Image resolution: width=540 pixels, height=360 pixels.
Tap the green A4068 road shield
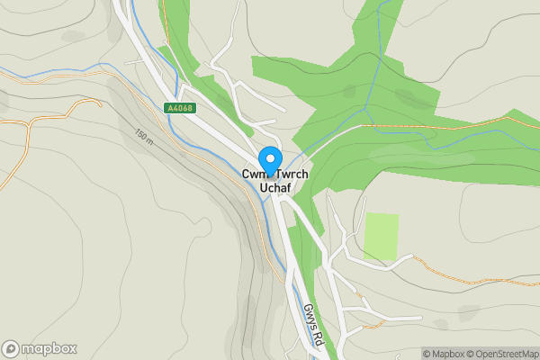coord(180,108)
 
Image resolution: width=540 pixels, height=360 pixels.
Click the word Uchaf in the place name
coord(272,187)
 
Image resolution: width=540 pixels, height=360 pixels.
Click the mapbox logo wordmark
coord(49,348)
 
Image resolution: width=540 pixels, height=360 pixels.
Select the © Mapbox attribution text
coord(444,354)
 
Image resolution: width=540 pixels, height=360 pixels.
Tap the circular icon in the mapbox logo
coord(11,348)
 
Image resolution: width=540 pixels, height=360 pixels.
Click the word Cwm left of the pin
coord(252,174)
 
